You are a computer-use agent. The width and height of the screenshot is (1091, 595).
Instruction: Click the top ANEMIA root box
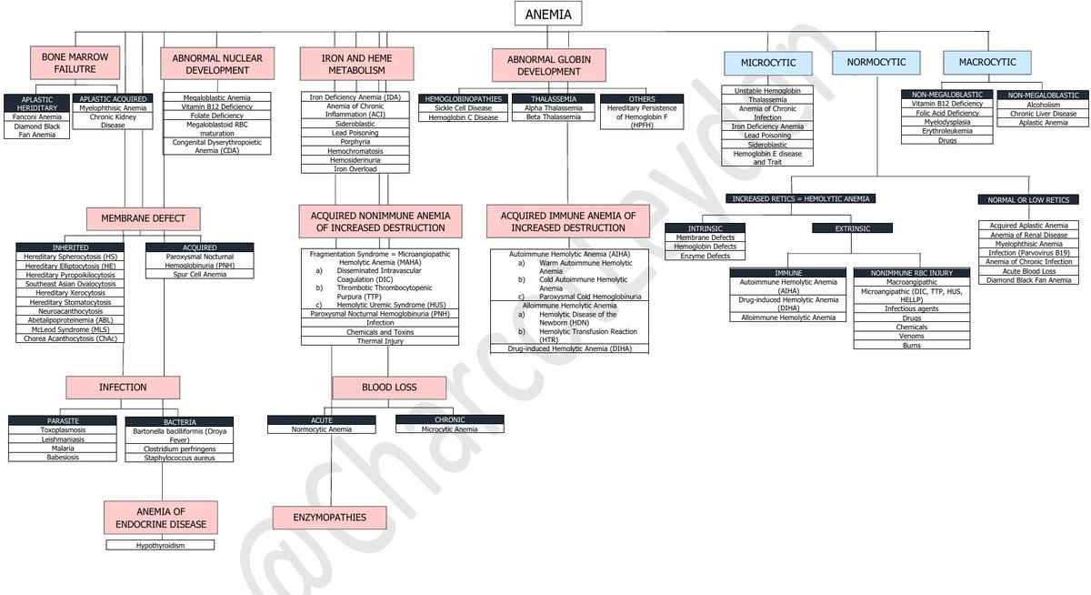pyautogui.click(x=547, y=14)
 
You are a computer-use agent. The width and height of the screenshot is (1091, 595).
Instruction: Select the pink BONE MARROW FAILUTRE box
pyautogui.click(x=75, y=63)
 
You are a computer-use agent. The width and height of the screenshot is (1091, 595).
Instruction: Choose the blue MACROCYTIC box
pyautogui.click(x=987, y=63)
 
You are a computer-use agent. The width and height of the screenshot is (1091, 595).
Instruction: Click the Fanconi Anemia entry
pyautogui.click(x=36, y=116)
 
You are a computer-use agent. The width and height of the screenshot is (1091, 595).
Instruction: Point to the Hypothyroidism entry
pyautogui.click(x=161, y=545)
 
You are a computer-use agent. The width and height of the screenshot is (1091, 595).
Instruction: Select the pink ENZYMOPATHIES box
pyautogui.click(x=329, y=518)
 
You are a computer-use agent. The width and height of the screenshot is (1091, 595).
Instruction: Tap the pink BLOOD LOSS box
pyautogui.click(x=389, y=387)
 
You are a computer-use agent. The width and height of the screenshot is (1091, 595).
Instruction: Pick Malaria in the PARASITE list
pyautogui.click(x=63, y=448)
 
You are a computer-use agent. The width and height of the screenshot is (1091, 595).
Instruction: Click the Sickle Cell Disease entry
pyautogui.click(x=463, y=107)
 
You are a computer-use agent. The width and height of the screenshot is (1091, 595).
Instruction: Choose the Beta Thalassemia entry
pyautogui.click(x=552, y=116)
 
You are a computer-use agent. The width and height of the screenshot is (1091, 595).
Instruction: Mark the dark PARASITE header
pyautogui.click(x=63, y=420)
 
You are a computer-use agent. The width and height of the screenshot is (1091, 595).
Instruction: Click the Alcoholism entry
pyautogui.click(x=1042, y=104)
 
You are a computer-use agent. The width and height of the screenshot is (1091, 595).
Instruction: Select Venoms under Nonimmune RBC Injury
pyautogui.click(x=911, y=336)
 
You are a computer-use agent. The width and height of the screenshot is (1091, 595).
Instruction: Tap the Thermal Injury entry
pyautogui.click(x=380, y=340)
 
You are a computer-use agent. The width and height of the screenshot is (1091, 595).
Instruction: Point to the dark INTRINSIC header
pyautogui.click(x=705, y=227)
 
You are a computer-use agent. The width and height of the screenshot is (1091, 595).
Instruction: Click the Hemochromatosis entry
pyautogui.click(x=355, y=150)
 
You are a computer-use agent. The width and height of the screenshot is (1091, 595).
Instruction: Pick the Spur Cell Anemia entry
pyautogui.click(x=199, y=274)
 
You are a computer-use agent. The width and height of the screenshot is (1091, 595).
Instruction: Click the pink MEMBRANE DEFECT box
pyautogui.click(x=143, y=218)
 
